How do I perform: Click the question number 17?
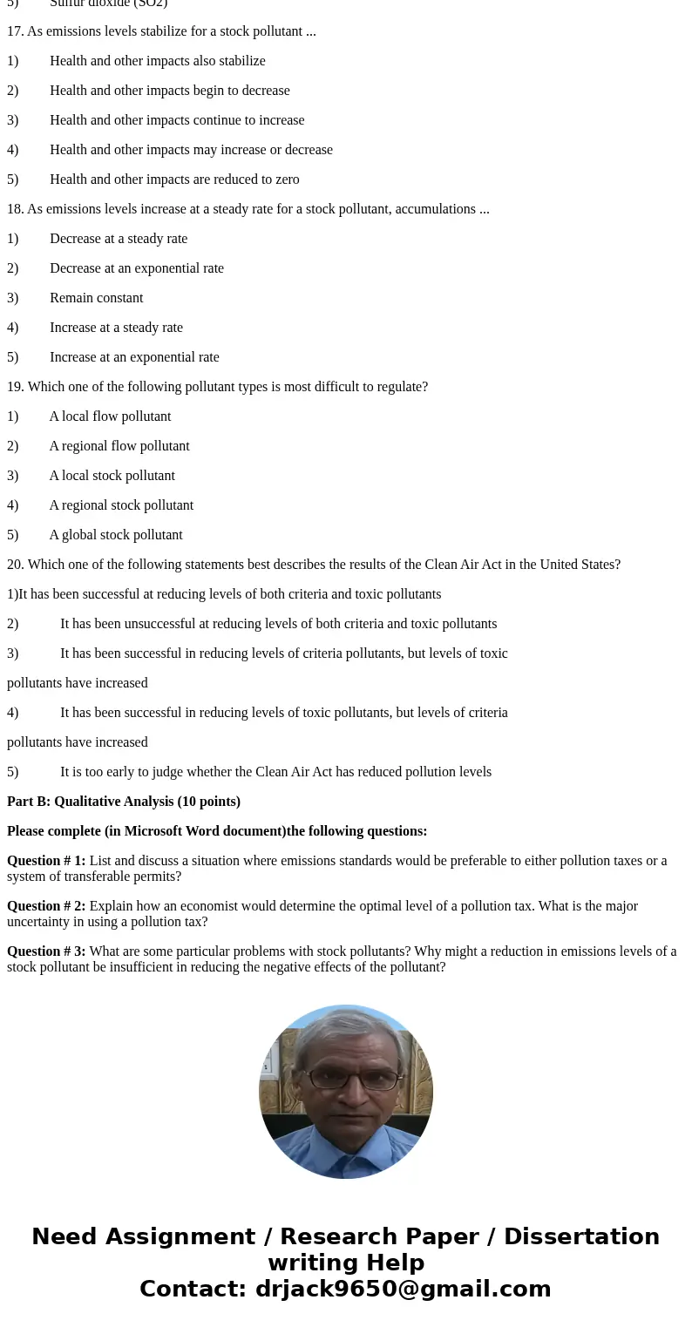15,31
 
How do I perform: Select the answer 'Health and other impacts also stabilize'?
157,61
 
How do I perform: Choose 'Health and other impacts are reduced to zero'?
174,179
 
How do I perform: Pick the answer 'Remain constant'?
96,298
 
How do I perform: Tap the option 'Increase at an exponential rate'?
134,357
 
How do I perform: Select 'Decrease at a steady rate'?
119,239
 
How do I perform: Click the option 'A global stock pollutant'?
116,535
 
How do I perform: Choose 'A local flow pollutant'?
110,416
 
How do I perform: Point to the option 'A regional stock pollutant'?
121,505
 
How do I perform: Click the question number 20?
15,565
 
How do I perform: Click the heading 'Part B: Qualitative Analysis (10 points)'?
124,802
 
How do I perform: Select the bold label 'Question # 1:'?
46,861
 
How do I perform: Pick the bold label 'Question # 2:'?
46,906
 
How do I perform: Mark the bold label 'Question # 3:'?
46,951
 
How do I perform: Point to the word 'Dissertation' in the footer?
581,1236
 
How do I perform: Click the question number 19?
15,387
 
